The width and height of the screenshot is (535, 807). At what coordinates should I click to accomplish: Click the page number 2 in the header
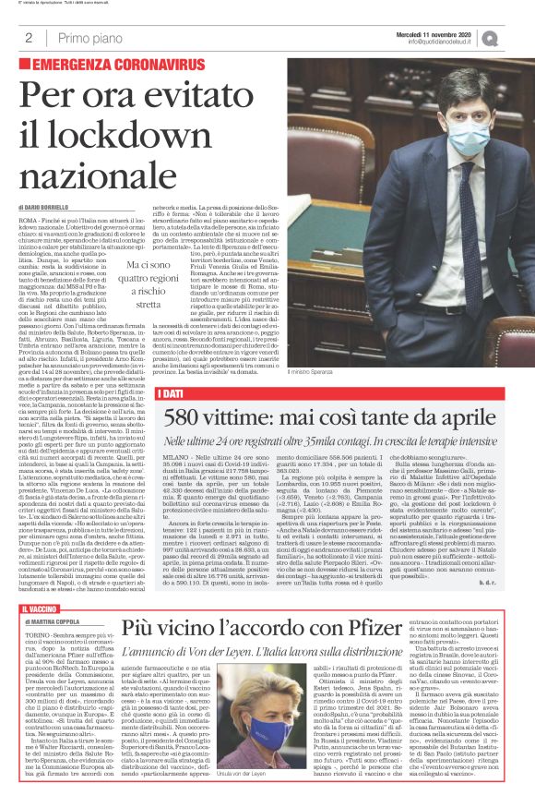[30, 38]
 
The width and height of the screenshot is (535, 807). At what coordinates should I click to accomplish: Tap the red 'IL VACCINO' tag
[39, 610]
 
